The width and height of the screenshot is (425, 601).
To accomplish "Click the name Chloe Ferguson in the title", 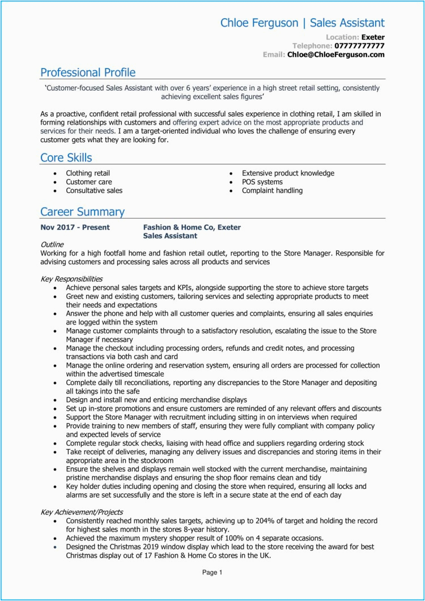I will pyautogui.click(x=260, y=23).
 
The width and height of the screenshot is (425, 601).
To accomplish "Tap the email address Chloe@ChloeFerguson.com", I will pyautogui.click(x=336, y=55).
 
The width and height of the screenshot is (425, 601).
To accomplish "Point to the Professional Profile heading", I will pyautogui.click(x=88, y=73).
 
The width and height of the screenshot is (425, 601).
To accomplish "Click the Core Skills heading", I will pyautogui.click(x=66, y=157).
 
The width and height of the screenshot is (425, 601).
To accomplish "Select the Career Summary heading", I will pyautogui.click(x=82, y=212).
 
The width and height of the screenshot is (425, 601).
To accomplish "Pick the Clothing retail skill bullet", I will pyautogui.click(x=88, y=173).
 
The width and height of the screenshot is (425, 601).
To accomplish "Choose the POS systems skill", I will pyautogui.click(x=262, y=182).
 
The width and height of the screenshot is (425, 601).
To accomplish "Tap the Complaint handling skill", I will pyautogui.click(x=272, y=190).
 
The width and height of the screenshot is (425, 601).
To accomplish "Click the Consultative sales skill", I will pyautogui.click(x=94, y=190).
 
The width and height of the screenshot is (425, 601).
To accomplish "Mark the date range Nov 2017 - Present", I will pyautogui.click(x=75, y=227).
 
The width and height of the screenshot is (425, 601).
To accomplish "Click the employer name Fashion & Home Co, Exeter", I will pyautogui.click(x=192, y=227).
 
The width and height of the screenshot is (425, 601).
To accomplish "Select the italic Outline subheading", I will pyautogui.click(x=53, y=244).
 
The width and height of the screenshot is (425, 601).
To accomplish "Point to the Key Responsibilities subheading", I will pyautogui.click(x=72, y=279).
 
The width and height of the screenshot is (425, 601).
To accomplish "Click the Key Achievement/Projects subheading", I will pyautogui.click(x=82, y=512).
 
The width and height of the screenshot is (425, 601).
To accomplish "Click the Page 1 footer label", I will pyautogui.click(x=212, y=573).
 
